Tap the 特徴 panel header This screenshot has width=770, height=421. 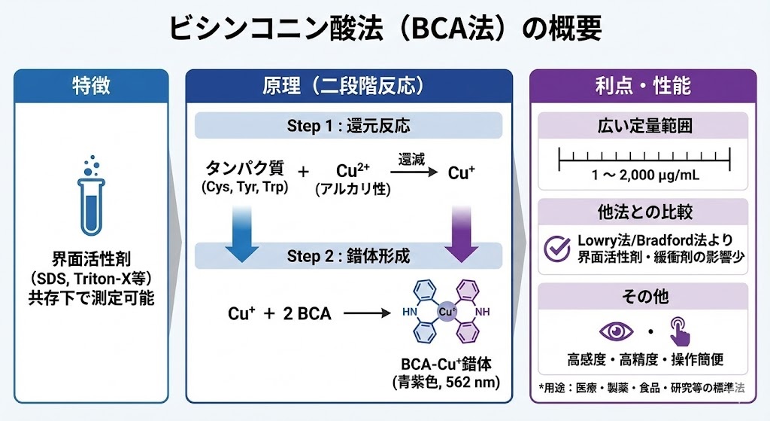(91, 85)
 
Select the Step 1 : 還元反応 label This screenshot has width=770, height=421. (348, 125)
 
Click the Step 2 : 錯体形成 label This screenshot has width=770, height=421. (348, 256)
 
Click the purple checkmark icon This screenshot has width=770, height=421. (557, 248)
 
